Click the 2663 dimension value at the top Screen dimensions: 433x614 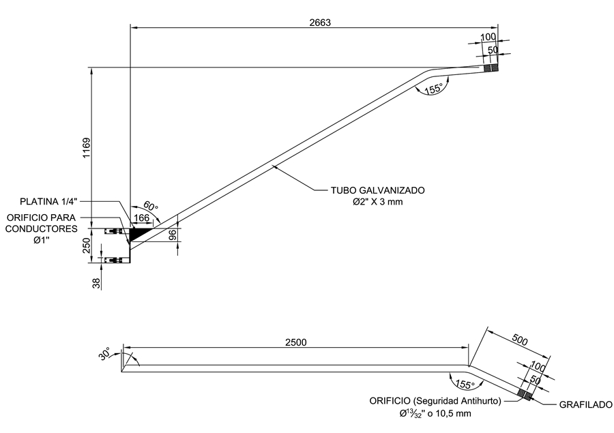pyautogui.click(x=319, y=22)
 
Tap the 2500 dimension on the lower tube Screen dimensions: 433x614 pyautogui.click(x=295, y=342)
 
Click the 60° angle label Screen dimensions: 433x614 pyautogui.click(x=150, y=207)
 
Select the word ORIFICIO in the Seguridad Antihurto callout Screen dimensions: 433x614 pyautogui.click(x=393, y=401)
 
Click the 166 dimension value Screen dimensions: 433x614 pyautogui.click(x=141, y=218)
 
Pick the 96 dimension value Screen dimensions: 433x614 pyautogui.click(x=173, y=234)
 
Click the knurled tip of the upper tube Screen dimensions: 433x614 pyautogui.click(x=491, y=68)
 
